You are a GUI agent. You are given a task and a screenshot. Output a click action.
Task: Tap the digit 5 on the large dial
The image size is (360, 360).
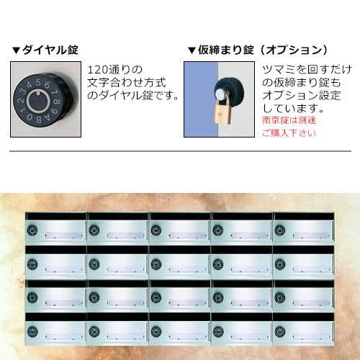click(38, 83)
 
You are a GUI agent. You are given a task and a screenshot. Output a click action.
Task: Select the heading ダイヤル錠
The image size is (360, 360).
click(50, 50)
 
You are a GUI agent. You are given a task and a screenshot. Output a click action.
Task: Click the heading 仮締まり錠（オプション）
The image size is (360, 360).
click(263, 50)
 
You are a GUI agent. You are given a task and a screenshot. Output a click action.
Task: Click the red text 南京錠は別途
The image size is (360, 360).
click(289, 120)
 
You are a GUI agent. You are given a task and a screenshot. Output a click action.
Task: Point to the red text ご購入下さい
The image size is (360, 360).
click(289, 132)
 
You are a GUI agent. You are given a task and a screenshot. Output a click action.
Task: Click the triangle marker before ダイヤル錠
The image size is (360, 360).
click(17, 50)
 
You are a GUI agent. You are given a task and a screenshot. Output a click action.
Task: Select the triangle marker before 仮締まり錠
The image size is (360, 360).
click(192, 50)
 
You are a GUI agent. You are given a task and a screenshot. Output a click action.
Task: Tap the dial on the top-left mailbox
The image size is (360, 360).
click(32, 230)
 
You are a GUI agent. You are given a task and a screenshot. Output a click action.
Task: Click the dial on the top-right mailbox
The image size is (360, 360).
click(280, 230)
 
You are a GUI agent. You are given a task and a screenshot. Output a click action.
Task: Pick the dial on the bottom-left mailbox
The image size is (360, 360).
click(32, 331)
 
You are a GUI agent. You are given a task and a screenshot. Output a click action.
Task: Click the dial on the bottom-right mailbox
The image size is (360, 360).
click(280, 331)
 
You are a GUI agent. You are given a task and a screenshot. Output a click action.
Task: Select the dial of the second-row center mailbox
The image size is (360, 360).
click(156, 264)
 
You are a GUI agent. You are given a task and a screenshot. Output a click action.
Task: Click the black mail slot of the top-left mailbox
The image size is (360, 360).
click(56, 216)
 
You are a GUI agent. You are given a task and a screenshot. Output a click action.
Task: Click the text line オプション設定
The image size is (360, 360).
click(302, 95)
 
